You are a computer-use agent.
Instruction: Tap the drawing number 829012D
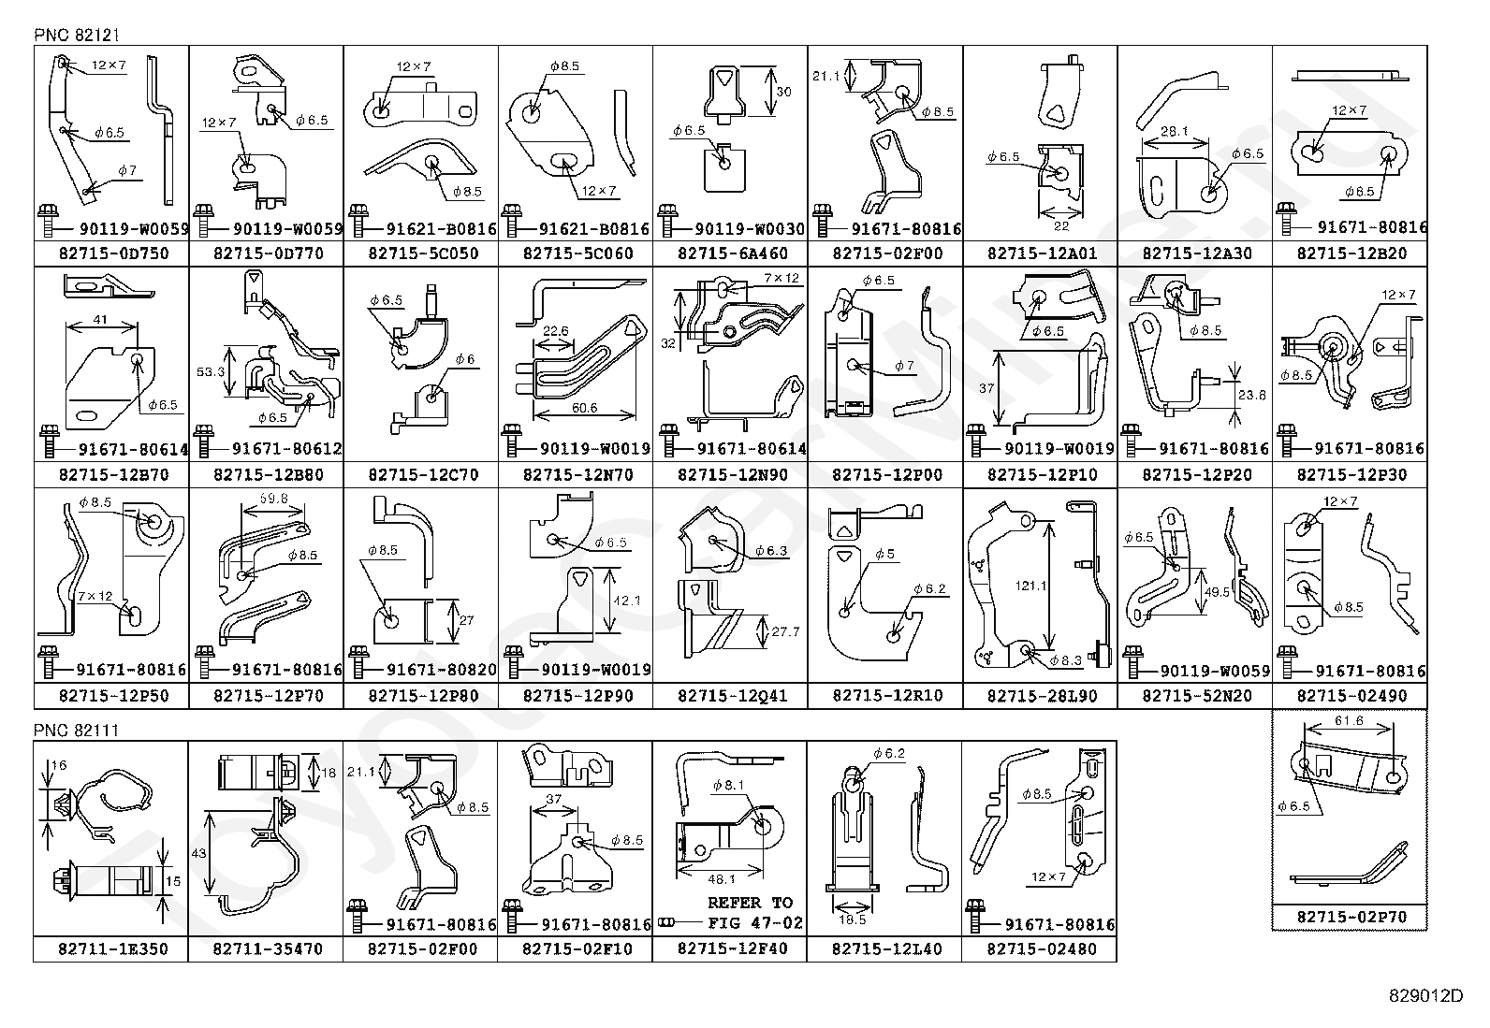click(x=1426, y=996)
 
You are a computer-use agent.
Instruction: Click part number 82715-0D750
click(x=114, y=253)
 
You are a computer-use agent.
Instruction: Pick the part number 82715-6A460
click(x=732, y=253)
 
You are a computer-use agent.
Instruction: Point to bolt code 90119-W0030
click(x=750, y=229)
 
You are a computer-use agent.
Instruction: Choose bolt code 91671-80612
click(x=286, y=450)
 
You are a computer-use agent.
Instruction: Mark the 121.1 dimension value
click(x=1030, y=586)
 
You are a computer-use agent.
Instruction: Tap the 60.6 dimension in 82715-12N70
click(x=585, y=408)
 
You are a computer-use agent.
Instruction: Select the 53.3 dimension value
click(x=211, y=371)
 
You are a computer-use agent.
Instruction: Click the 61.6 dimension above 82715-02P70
click(x=1349, y=721)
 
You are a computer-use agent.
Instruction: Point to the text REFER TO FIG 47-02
click(x=754, y=912)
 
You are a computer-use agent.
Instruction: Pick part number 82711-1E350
click(x=113, y=948)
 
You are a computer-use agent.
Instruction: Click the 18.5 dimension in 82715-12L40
click(x=852, y=919)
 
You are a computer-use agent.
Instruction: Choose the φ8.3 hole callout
click(x=1066, y=660)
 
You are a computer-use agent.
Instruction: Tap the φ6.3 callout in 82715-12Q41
click(x=771, y=551)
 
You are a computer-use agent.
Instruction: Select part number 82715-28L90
click(x=1042, y=696)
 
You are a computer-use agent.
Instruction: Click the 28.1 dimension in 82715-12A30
click(x=1174, y=132)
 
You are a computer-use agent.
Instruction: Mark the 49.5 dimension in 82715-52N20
click(x=1217, y=592)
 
